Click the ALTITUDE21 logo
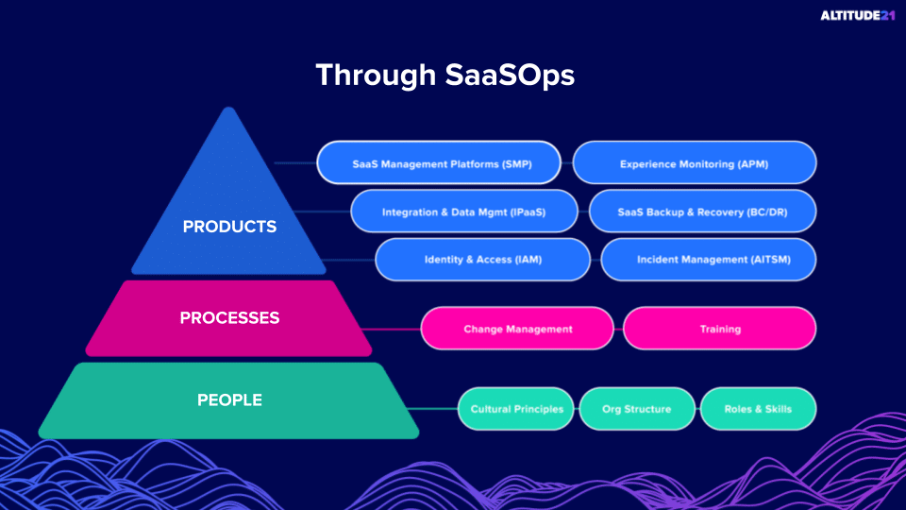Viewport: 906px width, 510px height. click(x=858, y=16)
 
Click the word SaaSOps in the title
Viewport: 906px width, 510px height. click(x=510, y=76)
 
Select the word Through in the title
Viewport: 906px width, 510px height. click(x=376, y=76)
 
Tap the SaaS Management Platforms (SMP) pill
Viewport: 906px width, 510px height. click(x=439, y=163)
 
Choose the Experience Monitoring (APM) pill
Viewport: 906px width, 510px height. click(x=695, y=163)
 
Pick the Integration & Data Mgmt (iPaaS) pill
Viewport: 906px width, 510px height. click(x=464, y=212)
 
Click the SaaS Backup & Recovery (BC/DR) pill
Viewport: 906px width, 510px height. click(x=702, y=212)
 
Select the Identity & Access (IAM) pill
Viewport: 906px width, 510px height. click(x=483, y=260)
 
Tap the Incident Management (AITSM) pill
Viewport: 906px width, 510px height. click(x=709, y=260)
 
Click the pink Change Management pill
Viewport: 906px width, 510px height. click(x=517, y=329)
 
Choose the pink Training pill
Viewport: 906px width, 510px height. click(x=720, y=329)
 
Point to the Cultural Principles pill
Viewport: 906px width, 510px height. click(x=516, y=409)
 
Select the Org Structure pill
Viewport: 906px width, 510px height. click(x=637, y=409)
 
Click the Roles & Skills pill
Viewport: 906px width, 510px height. click(x=758, y=409)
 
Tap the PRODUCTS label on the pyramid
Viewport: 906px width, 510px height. click(x=229, y=227)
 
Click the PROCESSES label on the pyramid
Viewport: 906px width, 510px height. click(x=229, y=318)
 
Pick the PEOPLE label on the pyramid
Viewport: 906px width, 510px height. click(x=229, y=400)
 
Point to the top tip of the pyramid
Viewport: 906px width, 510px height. click(x=228, y=108)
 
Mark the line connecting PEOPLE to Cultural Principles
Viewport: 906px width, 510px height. click(x=432, y=409)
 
